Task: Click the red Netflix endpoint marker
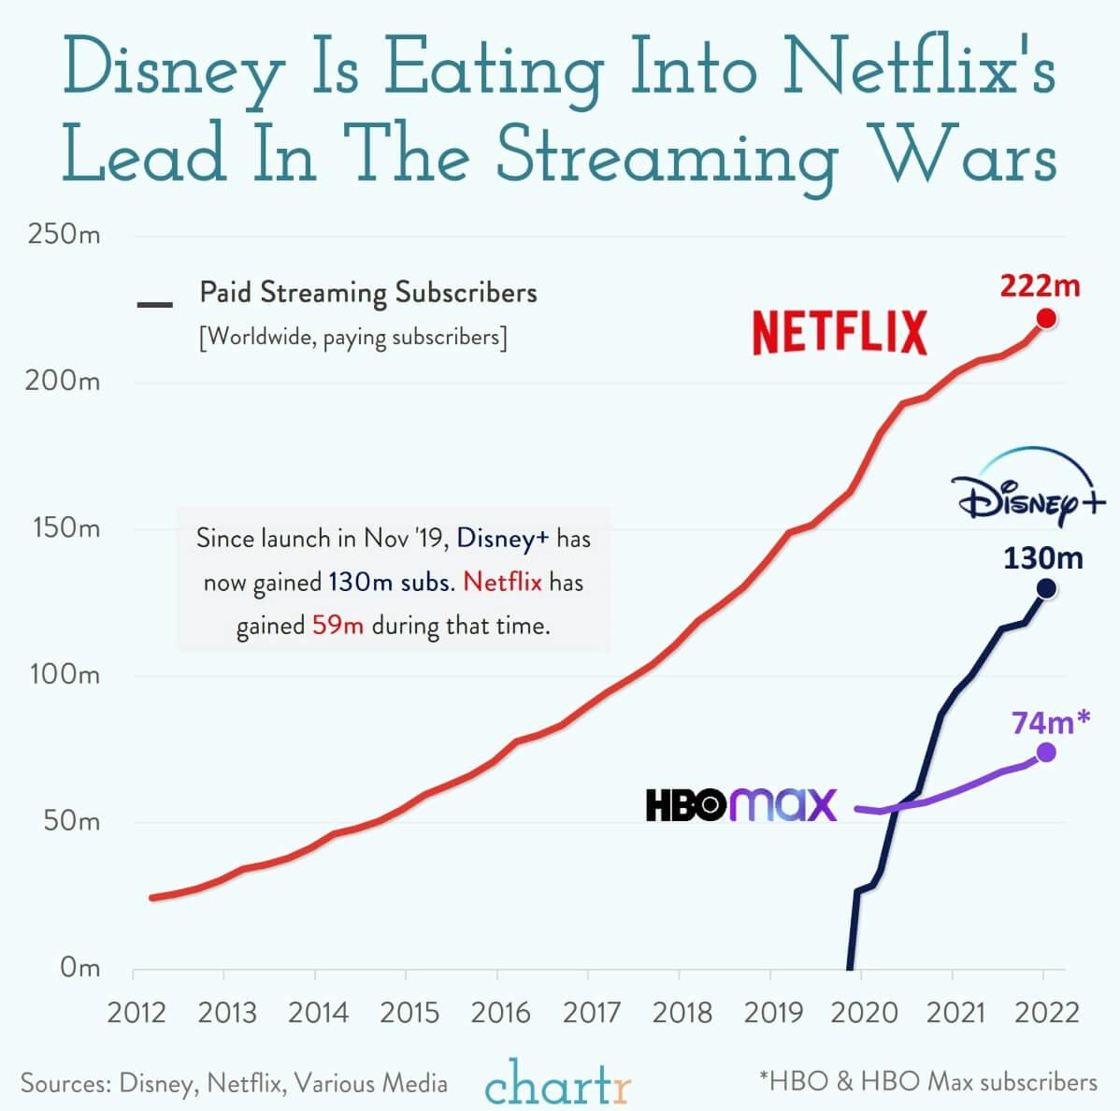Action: (1046, 319)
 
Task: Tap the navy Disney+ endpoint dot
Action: (1046, 588)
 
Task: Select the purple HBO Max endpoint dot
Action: (1046, 752)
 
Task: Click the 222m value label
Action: (1040, 285)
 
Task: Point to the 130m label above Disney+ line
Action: (1043, 558)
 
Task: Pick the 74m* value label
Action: (1050, 722)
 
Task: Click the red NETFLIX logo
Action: (840, 333)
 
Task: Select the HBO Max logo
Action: (741, 805)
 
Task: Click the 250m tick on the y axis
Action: (65, 234)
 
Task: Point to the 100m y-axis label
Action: (65, 674)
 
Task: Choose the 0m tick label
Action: (79, 967)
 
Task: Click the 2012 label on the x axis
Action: (136, 1012)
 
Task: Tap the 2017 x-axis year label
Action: (592, 1012)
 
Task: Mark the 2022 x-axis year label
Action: (1047, 1012)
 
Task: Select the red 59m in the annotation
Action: (337, 625)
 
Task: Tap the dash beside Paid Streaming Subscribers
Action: (154, 305)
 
